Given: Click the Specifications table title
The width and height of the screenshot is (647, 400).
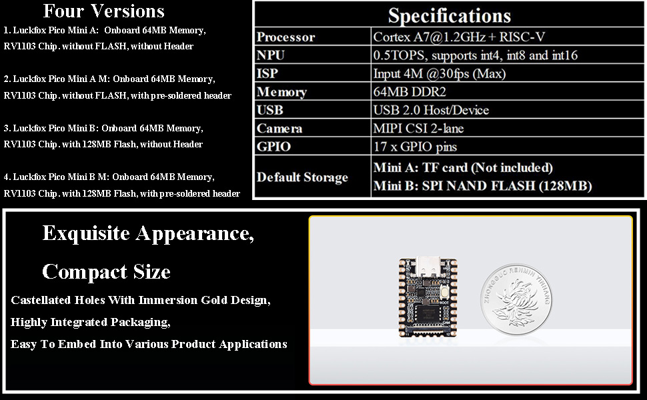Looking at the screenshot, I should (449, 15).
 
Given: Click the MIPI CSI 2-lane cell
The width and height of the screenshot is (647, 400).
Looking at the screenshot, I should (418, 129).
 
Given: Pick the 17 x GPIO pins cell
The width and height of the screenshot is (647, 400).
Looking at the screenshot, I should (415, 147).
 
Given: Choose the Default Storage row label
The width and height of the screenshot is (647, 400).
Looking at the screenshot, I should (302, 177).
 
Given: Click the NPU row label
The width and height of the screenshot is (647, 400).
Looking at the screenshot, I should (271, 55).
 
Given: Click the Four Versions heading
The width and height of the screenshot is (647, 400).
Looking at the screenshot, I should (103, 11).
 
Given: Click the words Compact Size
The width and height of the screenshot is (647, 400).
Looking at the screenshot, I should (106, 272).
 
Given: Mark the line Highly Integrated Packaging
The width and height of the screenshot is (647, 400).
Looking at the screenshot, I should (90, 322).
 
